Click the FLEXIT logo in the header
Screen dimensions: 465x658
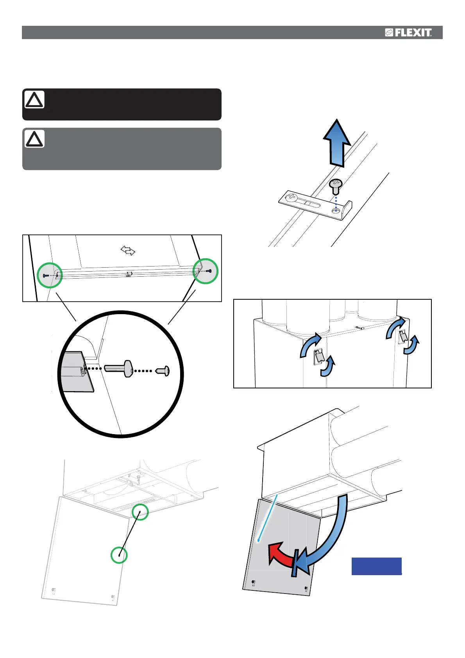point(408,33)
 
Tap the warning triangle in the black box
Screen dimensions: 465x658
point(34,100)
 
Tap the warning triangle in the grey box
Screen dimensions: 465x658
point(34,139)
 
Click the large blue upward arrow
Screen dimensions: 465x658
point(336,143)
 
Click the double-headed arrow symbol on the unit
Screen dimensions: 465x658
point(128,250)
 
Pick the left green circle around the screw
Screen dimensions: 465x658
point(50,275)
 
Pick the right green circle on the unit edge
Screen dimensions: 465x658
point(206,271)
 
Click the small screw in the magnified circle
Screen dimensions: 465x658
point(163,370)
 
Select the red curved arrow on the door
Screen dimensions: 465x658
point(281,554)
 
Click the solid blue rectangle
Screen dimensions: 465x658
point(376,566)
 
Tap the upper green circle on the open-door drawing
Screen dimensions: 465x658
point(140,512)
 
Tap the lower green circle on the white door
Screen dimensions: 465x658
point(119,555)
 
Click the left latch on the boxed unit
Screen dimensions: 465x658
point(319,355)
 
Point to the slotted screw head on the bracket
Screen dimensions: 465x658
point(292,197)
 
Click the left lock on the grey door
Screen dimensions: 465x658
point(254,583)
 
